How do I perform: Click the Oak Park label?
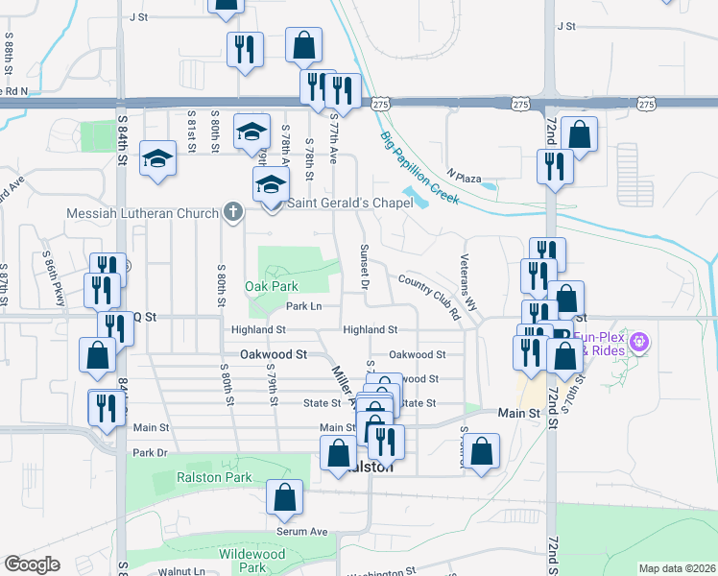point(271,286)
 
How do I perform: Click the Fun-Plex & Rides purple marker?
point(641,341)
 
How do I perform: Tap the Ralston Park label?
point(213,477)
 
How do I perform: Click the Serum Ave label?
point(303,532)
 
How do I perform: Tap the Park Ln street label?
point(303,306)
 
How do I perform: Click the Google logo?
point(32,564)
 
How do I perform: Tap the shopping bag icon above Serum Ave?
point(284,497)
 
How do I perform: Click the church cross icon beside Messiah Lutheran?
point(231,211)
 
